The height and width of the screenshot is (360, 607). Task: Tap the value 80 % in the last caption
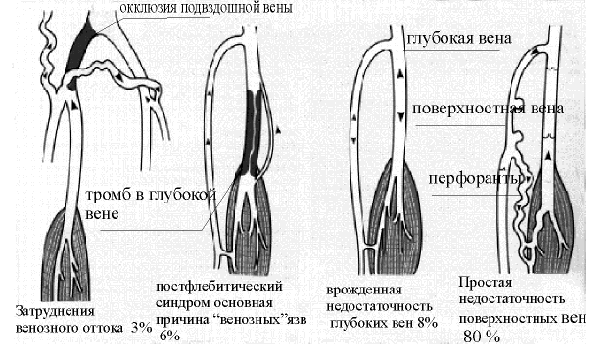pos(482,336)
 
